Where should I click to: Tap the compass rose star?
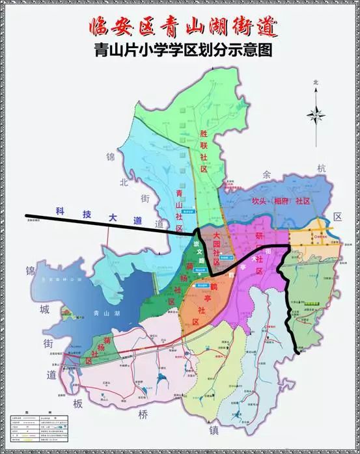pyautogui.click(x=316, y=115)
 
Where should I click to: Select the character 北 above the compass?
pyautogui.click(x=316, y=83)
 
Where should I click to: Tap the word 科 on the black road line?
pyautogui.click(x=61, y=211)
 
